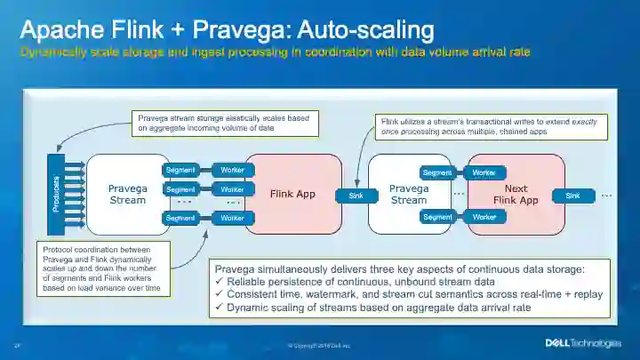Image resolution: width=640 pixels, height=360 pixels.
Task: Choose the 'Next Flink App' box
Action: click(x=516, y=194)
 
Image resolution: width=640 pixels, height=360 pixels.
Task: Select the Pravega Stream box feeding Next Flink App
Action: click(x=409, y=194)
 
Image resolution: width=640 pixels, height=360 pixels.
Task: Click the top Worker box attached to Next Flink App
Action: click(x=484, y=172)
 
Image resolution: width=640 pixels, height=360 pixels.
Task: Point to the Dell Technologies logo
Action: click(x=582, y=343)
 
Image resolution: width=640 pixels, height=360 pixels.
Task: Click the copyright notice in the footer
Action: click(x=319, y=345)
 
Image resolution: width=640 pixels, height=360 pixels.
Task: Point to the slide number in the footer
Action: click(x=17, y=345)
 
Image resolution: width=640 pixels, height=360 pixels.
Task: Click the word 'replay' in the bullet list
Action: click(x=585, y=294)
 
